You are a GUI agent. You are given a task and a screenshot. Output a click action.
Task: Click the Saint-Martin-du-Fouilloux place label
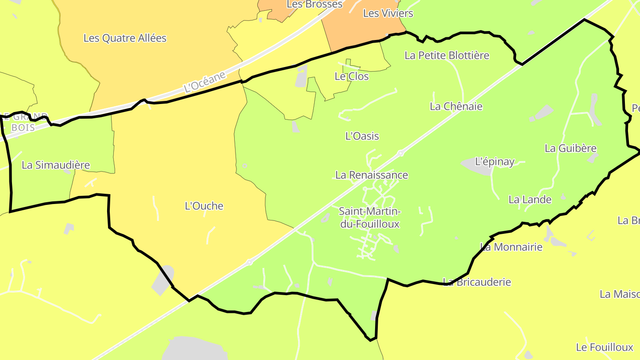tap(370, 217)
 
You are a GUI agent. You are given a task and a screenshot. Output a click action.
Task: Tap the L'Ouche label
tap(204, 206)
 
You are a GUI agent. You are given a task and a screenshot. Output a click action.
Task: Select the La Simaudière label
tap(56, 165)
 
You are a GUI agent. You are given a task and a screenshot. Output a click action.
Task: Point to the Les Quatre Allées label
tap(125, 38)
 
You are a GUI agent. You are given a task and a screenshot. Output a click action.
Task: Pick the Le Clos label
tap(352, 76)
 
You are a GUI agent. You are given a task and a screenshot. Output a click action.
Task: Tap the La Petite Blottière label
tap(447, 55)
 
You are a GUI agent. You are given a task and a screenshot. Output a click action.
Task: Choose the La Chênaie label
tap(456, 106)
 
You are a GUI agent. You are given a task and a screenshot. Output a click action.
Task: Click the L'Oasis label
tap(362, 136)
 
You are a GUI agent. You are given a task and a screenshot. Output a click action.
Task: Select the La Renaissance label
tap(372, 175)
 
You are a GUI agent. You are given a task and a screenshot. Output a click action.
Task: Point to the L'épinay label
tap(495, 161)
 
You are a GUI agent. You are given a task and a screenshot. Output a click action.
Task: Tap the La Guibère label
tap(571, 148)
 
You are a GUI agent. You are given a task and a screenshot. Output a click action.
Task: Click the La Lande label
tap(530, 200)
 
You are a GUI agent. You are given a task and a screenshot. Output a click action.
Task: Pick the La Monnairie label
tap(512, 247)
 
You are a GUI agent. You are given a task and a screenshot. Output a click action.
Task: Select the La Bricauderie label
tap(477, 282)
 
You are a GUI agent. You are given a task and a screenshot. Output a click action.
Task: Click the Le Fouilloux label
tap(604, 347)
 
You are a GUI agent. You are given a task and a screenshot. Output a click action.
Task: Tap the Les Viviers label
tap(388, 13)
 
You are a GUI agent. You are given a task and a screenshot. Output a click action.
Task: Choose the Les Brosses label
tap(315, 4)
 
